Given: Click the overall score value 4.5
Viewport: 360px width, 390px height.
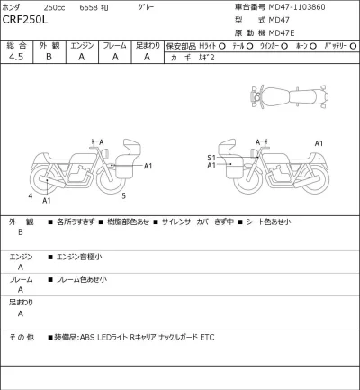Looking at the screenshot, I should click(16, 57).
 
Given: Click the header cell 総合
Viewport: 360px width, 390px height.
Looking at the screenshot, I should click(16, 43).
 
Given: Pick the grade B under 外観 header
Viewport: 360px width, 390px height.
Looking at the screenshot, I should click(49, 57).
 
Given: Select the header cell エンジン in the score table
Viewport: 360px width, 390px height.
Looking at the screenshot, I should click(82, 43).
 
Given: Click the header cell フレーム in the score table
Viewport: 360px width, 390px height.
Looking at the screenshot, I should click(114, 43).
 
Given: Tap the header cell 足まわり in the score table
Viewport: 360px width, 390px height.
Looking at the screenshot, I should click(148, 43).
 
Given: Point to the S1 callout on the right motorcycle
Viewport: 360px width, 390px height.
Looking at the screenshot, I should click(211, 158).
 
